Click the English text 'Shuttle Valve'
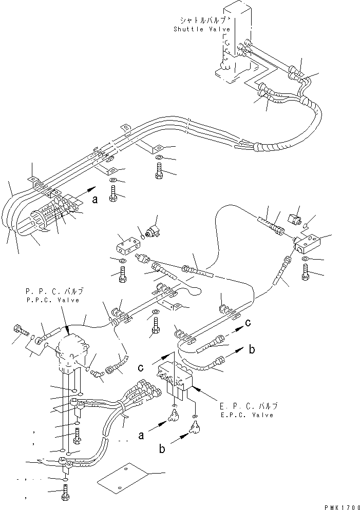[201, 30]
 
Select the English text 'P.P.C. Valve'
[52, 301]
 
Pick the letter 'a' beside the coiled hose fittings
[94, 201]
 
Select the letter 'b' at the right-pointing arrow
[251, 350]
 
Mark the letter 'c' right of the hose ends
[248, 323]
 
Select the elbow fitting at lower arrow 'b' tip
[196, 426]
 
